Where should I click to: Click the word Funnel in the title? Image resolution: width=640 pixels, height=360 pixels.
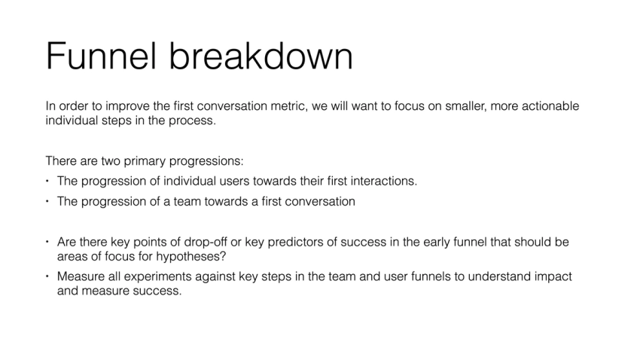coord(101,56)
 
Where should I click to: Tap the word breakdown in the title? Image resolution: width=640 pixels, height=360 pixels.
coord(261,56)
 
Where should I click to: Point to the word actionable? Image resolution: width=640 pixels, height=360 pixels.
coord(550,106)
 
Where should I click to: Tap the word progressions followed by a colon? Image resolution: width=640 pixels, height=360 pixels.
coord(206,162)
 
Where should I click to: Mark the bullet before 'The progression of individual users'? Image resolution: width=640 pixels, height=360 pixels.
coord(47,181)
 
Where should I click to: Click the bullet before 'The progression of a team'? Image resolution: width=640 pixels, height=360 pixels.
coord(47,201)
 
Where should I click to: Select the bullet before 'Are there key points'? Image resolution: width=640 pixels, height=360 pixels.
coord(47,242)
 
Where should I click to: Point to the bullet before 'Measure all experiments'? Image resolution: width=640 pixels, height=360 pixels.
coord(47,276)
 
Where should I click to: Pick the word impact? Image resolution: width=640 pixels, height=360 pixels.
coord(553,277)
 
